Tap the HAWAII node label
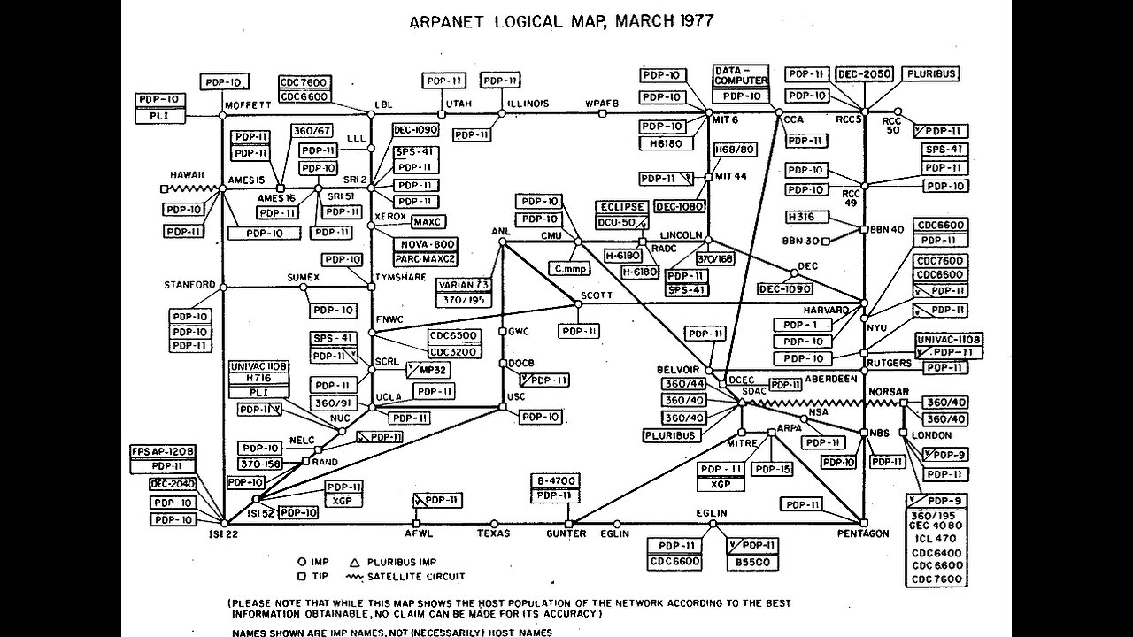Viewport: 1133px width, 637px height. (x=188, y=174)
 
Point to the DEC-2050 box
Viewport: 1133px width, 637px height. (x=865, y=74)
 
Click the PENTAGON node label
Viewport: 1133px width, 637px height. (x=862, y=533)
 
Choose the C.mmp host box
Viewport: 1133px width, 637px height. (x=571, y=267)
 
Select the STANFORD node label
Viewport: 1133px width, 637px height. (x=189, y=284)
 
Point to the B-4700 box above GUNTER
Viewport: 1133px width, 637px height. (x=556, y=480)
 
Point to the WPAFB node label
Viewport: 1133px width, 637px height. (x=600, y=103)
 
